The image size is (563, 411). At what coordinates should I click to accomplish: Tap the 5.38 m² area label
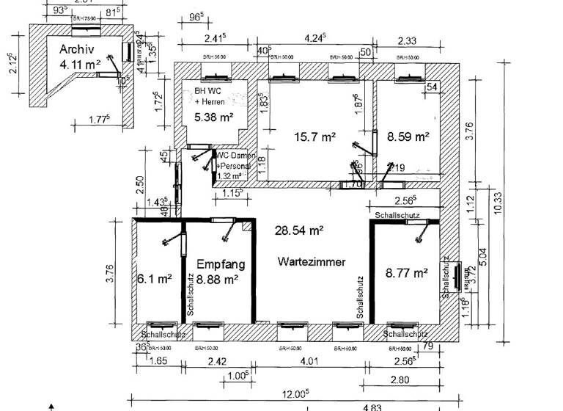click(x=214, y=117)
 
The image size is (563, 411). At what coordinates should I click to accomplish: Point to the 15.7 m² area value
click(x=316, y=137)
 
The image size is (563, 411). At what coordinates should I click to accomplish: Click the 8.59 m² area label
click(x=408, y=136)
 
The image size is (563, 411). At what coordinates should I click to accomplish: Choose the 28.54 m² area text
click(x=299, y=230)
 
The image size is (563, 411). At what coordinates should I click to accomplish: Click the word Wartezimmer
click(x=312, y=261)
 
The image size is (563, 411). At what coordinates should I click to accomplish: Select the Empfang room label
click(x=221, y=264)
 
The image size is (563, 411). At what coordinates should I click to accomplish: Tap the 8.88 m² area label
click(x=218, y=279)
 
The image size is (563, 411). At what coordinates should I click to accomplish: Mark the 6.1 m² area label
click(x=154, y=279)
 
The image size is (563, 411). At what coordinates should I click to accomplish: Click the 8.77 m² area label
click(x=407, y=273)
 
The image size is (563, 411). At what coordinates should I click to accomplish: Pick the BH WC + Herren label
click(x=210, y=96)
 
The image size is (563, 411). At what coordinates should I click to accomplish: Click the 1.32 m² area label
click(x=229, y=176)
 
